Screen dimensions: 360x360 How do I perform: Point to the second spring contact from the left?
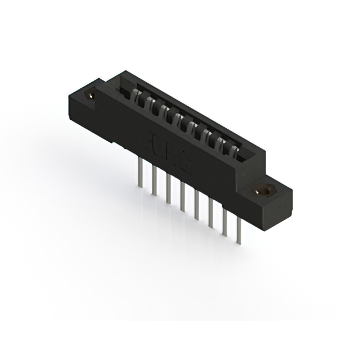pos(149,102)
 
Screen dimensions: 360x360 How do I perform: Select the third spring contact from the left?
pos(163,110)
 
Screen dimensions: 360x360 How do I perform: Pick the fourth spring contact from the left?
pos(177,118)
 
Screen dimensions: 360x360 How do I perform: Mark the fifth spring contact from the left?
pos(191,126)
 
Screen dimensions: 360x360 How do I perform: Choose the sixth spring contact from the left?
pos(205,134)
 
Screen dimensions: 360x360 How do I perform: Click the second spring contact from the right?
pos(219,142)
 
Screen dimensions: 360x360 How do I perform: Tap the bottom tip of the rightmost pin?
pos(240,244)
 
